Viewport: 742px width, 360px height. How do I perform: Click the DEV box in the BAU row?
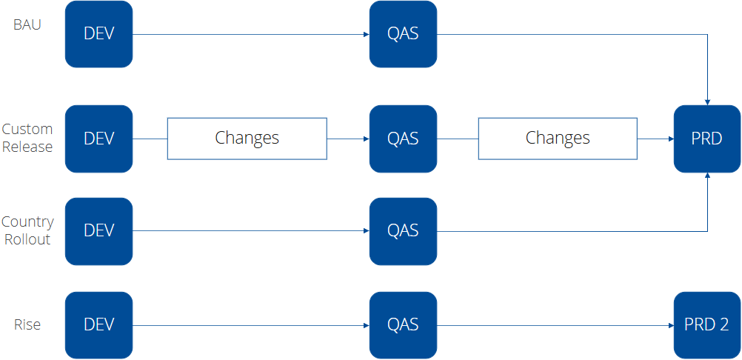(x=98, y=34)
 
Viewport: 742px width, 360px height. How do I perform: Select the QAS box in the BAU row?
(x=403, y=34)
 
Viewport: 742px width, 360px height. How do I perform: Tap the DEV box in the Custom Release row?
(x=98, y=139)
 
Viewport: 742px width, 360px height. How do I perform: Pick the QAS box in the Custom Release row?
(x=403, y=139)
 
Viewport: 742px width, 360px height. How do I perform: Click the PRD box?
(x=706, y=139)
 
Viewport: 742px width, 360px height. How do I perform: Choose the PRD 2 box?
(x=706, y=324)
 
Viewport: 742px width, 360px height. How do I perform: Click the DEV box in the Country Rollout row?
(x=98, y=231)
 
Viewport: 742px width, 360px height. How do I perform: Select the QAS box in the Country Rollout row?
(x=403, y=231)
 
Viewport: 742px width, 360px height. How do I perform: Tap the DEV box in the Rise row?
(x=98, y=324)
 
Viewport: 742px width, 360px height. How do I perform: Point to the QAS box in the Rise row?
(x=403, y=324)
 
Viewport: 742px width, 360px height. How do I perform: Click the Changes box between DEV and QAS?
(x=247, y=139)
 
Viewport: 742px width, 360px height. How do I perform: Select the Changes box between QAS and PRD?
(x=558, y=139)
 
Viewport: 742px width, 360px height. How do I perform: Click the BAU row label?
(x=27, y=24)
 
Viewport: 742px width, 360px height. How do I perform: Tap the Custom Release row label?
(x=27, y=138)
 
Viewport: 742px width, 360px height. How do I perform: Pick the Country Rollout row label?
(x=27, y=230)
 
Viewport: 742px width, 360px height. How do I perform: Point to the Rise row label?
(x=27, y=324)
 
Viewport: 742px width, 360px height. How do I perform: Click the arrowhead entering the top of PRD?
(x=708, y=101)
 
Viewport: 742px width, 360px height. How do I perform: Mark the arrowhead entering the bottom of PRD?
(x=708, y=176)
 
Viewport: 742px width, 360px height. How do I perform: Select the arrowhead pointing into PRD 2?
(x=669, y=325)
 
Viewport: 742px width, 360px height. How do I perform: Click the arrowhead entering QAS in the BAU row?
(x=366, y=34)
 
